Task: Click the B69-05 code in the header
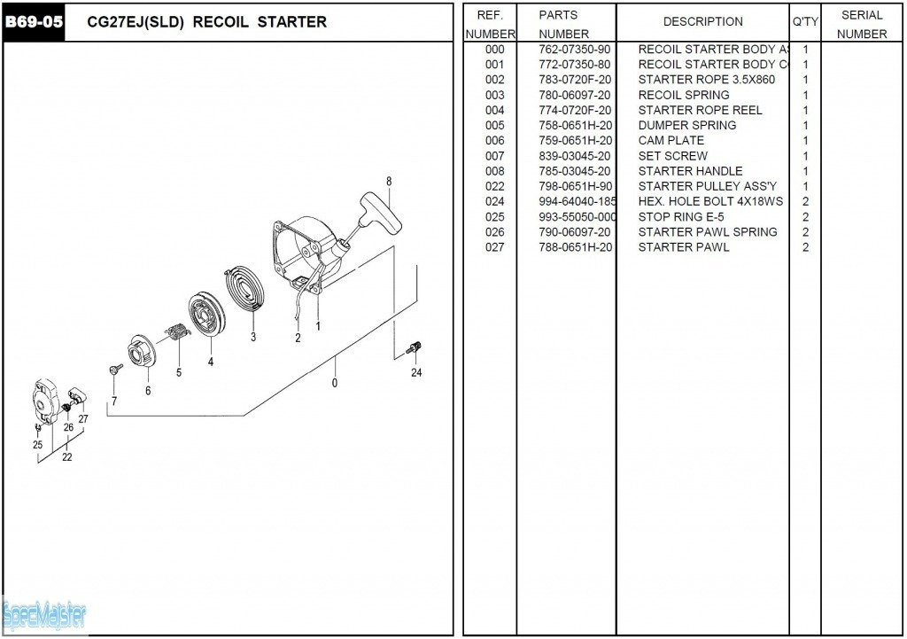(35, 22)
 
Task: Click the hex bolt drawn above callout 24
(413, 348)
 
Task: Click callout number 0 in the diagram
(334, 383)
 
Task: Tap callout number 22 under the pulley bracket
(66, 457)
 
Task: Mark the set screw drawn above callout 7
(115, 368)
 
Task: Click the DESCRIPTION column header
(702, 21)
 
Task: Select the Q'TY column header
(804, 21)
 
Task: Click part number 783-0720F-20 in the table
(575, 80)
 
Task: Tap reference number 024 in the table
(494, 201)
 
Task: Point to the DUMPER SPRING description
(686, 125)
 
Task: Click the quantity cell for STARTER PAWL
(805, 247)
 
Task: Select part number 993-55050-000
(577, 217)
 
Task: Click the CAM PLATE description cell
(671, 140)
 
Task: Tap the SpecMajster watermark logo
(44, 613)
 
